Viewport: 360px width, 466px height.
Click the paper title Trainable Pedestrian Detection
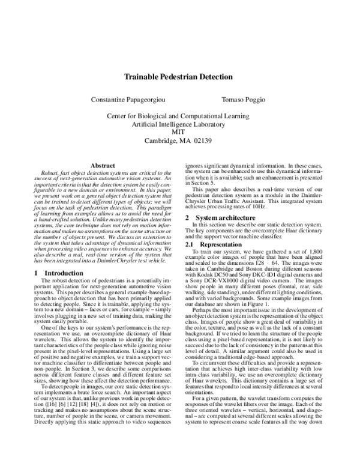(180, 77)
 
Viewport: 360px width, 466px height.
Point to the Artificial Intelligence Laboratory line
(178, 124)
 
